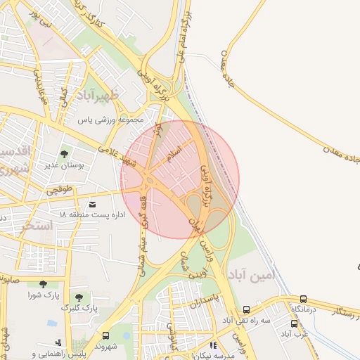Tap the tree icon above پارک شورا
[x=43, y=284]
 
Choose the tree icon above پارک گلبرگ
[x=79, y=297]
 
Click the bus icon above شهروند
[x=105, y=335]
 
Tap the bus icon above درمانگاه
[x=303, y=299]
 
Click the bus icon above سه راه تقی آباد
[x=247, y=309]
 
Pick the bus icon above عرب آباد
[x=294, y=323]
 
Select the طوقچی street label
[x=59, y=190]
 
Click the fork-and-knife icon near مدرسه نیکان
[x=214, y=345]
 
